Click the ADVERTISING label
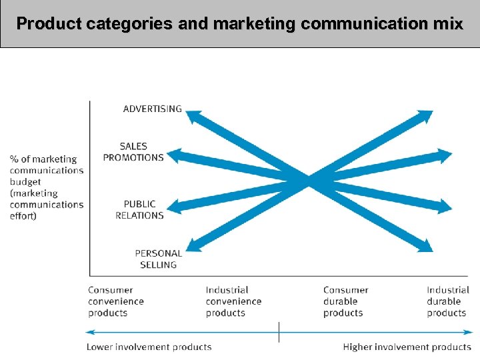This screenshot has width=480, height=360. [152, 109]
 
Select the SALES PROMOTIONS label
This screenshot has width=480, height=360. [133, 152]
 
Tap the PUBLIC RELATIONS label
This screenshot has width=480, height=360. [139, 209]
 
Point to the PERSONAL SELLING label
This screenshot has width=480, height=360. [158, 259]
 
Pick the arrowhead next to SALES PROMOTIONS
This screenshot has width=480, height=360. [173, 156]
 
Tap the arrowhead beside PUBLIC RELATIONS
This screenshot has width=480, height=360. [173, 207]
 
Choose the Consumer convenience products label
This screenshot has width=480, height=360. [116, 301]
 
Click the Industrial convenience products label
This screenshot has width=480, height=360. [233, 301]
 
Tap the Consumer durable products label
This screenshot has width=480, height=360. [346, 301]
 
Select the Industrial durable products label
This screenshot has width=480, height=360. [448, 301]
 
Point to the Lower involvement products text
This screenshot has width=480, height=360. [149, 347]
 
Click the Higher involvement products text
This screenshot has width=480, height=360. [407, 347]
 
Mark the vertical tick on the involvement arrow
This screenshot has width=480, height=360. [279, 331]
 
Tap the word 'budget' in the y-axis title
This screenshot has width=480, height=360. [25, 182]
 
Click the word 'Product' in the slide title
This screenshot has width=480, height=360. [49, 24]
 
